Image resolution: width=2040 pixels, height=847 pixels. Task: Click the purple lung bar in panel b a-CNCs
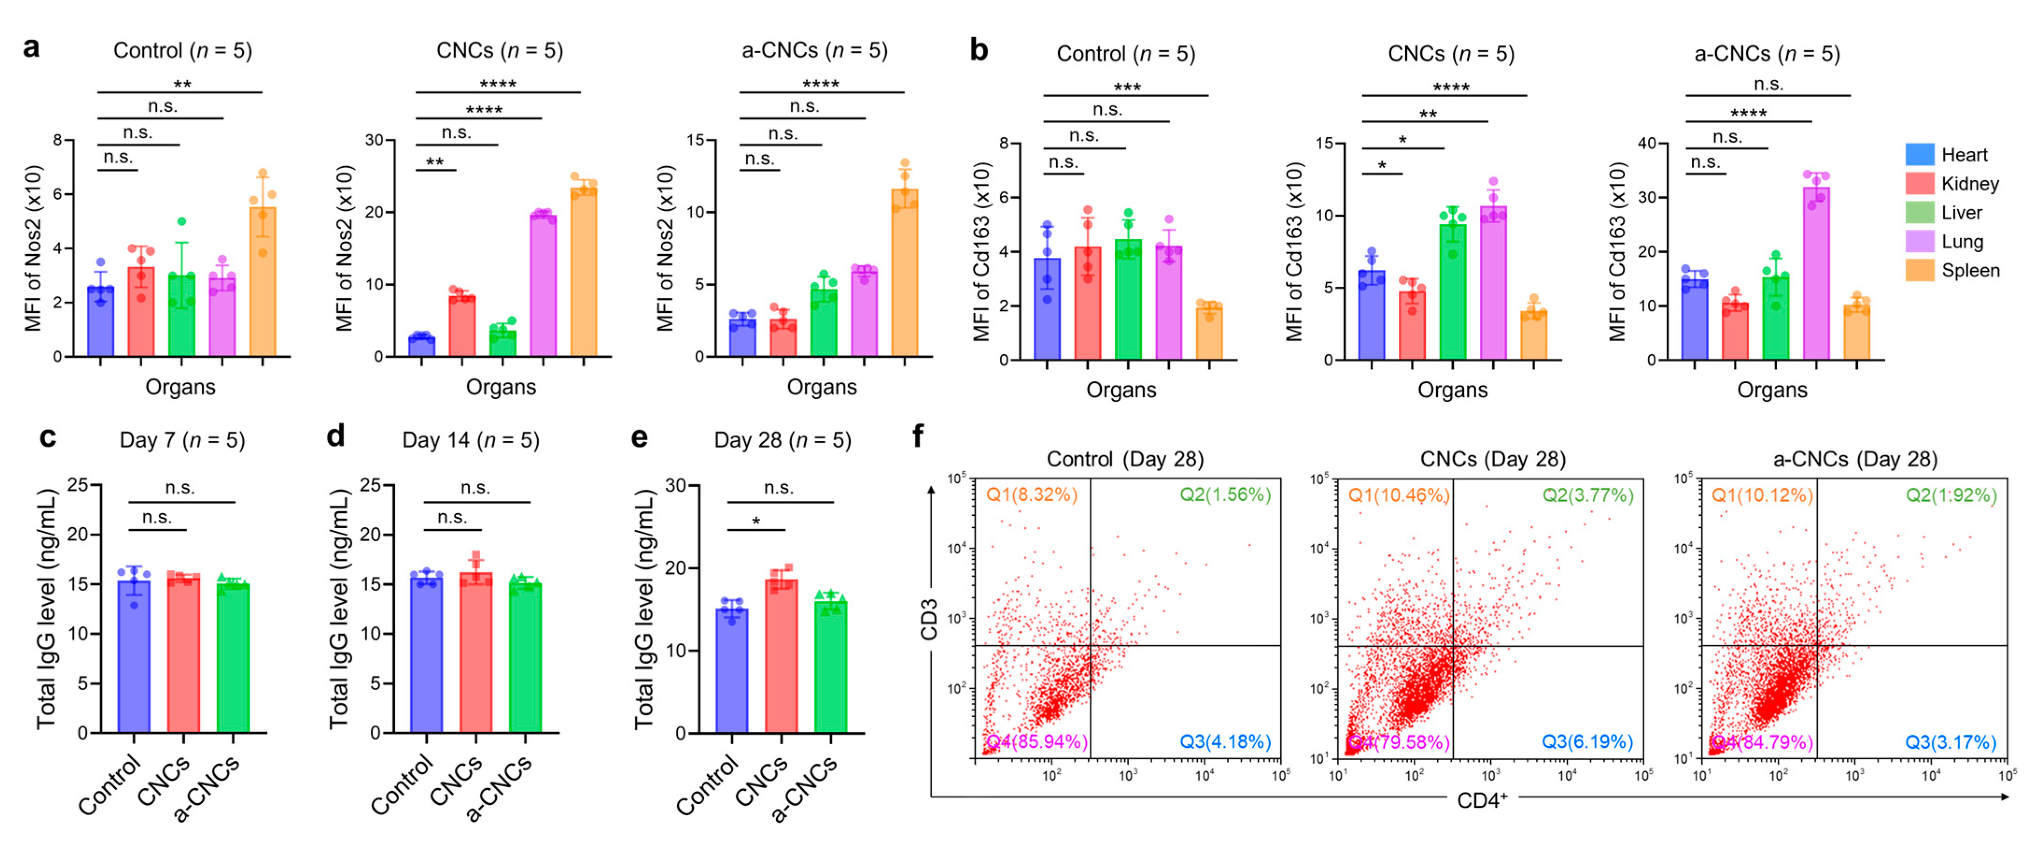point(1816,273)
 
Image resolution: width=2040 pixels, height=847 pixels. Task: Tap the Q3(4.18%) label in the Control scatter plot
point(1225,741)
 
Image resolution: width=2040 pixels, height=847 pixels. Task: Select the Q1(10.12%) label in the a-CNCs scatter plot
point(1762,495)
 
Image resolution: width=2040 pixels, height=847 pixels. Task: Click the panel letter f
point(918,435)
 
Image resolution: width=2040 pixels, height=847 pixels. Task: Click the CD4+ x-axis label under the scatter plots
point(1482,800)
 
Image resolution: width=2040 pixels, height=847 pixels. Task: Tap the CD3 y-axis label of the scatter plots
point(929,620)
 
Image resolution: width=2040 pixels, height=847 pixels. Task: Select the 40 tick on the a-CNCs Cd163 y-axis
point(1647,143)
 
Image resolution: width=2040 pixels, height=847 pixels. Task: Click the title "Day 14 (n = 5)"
point(470,440)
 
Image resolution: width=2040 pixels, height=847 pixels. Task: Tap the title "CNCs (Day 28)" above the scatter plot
point(1493,459)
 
